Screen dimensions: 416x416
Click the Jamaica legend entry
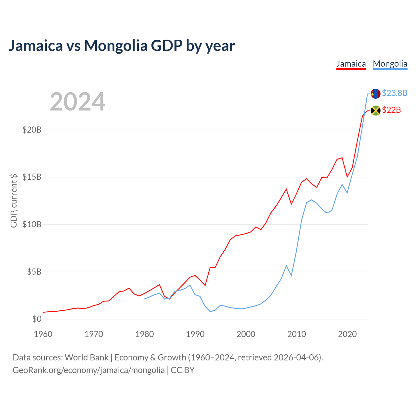[351, 64]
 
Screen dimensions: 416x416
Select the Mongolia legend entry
[390, 64]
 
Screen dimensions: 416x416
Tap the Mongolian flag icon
[375, 94]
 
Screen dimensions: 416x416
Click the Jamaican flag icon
[375, 110]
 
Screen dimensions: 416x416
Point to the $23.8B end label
[395, 93]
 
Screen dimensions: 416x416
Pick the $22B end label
[391, 110]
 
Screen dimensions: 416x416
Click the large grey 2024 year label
[77, 101]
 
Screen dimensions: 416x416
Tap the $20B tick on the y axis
[32, 130]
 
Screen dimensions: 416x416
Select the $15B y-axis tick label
[32, 177]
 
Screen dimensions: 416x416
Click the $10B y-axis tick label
[32, 224]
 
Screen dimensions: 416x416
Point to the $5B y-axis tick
[34, 272]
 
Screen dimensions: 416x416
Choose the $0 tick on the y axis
[37, 319]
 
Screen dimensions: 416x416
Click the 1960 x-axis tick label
[43, 334]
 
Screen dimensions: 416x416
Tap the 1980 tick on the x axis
[144, 334]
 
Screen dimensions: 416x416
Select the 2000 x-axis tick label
[246, 334]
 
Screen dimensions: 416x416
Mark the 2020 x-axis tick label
[347, 334]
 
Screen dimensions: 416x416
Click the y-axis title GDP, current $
[14, 201]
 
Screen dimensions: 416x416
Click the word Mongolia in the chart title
[116, 45]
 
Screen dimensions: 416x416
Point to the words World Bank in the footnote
[86, 357]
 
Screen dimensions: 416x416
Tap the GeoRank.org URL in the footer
[89, 370]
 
